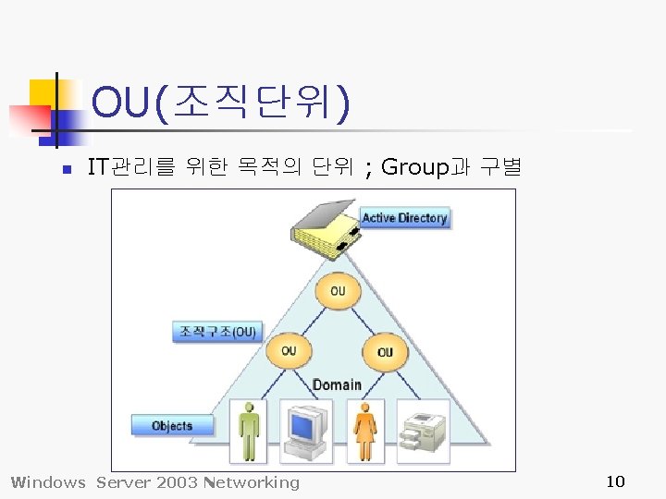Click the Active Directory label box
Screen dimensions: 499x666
[x=404, y=218]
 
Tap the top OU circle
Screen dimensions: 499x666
[x=337, y=291]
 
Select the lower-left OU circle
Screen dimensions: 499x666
[x=289, y=351]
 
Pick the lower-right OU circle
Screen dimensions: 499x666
[x=385, y=352]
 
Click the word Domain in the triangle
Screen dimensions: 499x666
[x=337, y=384]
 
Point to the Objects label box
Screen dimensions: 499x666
[x=172, y=426]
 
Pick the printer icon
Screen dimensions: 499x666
[x=423, y=431]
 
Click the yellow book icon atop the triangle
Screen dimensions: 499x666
[x=322, y=231]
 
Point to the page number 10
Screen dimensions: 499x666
[x=615, y=481]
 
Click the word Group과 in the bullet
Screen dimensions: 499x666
[x=425, y=168]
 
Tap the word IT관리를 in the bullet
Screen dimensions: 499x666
[x=129, y=168]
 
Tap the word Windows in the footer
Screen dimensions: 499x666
[x=47, y=482]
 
